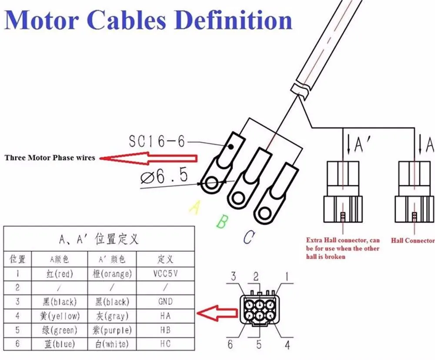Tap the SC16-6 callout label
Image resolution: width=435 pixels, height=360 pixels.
click(157, 141)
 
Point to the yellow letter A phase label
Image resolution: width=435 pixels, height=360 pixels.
click(195, 207)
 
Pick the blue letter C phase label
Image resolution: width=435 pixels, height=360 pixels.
click(249, 237)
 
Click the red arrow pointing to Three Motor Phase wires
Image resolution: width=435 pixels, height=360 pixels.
click(148, 158)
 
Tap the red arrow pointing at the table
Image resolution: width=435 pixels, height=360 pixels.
click(217, 313)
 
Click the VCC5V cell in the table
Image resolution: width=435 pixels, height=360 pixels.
click(165, 274)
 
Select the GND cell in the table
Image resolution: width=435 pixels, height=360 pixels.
click(165, 301)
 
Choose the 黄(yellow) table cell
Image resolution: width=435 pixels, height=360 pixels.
click(60, 316)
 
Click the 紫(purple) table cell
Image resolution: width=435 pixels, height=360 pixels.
click(112, 330)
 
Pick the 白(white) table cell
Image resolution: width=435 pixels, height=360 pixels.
click(112, 344)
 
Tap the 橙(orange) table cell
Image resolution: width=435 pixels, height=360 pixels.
click(112, 274)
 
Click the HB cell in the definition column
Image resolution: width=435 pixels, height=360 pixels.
click(165, 330)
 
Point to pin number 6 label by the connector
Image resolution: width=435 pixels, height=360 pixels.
click(230, 344)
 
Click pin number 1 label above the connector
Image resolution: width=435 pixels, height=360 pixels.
click(287, 277)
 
